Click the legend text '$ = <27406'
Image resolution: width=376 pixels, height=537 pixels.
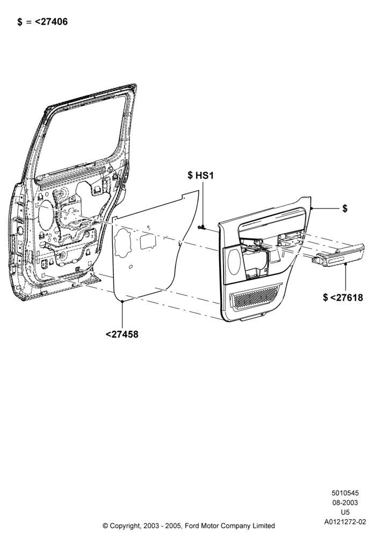click(42, 21)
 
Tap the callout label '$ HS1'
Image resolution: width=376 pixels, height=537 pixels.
click(201, 176)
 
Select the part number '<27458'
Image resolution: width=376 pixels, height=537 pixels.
click(122, 334)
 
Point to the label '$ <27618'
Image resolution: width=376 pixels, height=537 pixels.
click(343, 297)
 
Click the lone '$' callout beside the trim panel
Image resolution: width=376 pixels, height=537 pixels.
click(345, 208)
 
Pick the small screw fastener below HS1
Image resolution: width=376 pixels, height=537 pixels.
click(201, 227)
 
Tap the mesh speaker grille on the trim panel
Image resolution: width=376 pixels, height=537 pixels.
click(256, 296)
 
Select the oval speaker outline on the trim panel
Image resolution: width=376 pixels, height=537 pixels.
click(234, 262)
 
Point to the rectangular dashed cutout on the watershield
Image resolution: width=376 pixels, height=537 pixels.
click(148, 242)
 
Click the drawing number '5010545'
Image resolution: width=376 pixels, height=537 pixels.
click(345, 493)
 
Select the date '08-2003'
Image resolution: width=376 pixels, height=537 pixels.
click(345, 503)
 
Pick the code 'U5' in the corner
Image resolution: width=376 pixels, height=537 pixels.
click(345, 512)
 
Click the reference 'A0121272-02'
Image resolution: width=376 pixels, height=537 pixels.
click(345, 522)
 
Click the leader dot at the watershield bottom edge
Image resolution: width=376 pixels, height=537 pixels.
click(122, 301)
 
